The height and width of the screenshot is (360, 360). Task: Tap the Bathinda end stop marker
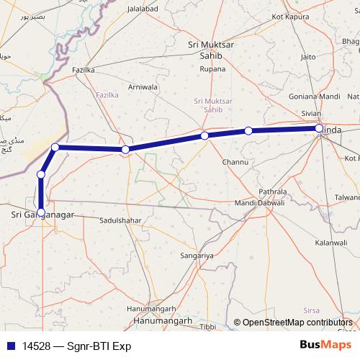[x=319, y=129]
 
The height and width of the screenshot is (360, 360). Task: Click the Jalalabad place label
[x=142, y=9]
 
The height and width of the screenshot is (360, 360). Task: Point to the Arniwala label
[x=143, y=87]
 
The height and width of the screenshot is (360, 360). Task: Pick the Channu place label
[x=235, y=163]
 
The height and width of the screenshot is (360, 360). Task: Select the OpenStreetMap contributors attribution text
[x=299, y=323]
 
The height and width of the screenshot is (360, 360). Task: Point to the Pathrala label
[x=273, y=192]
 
